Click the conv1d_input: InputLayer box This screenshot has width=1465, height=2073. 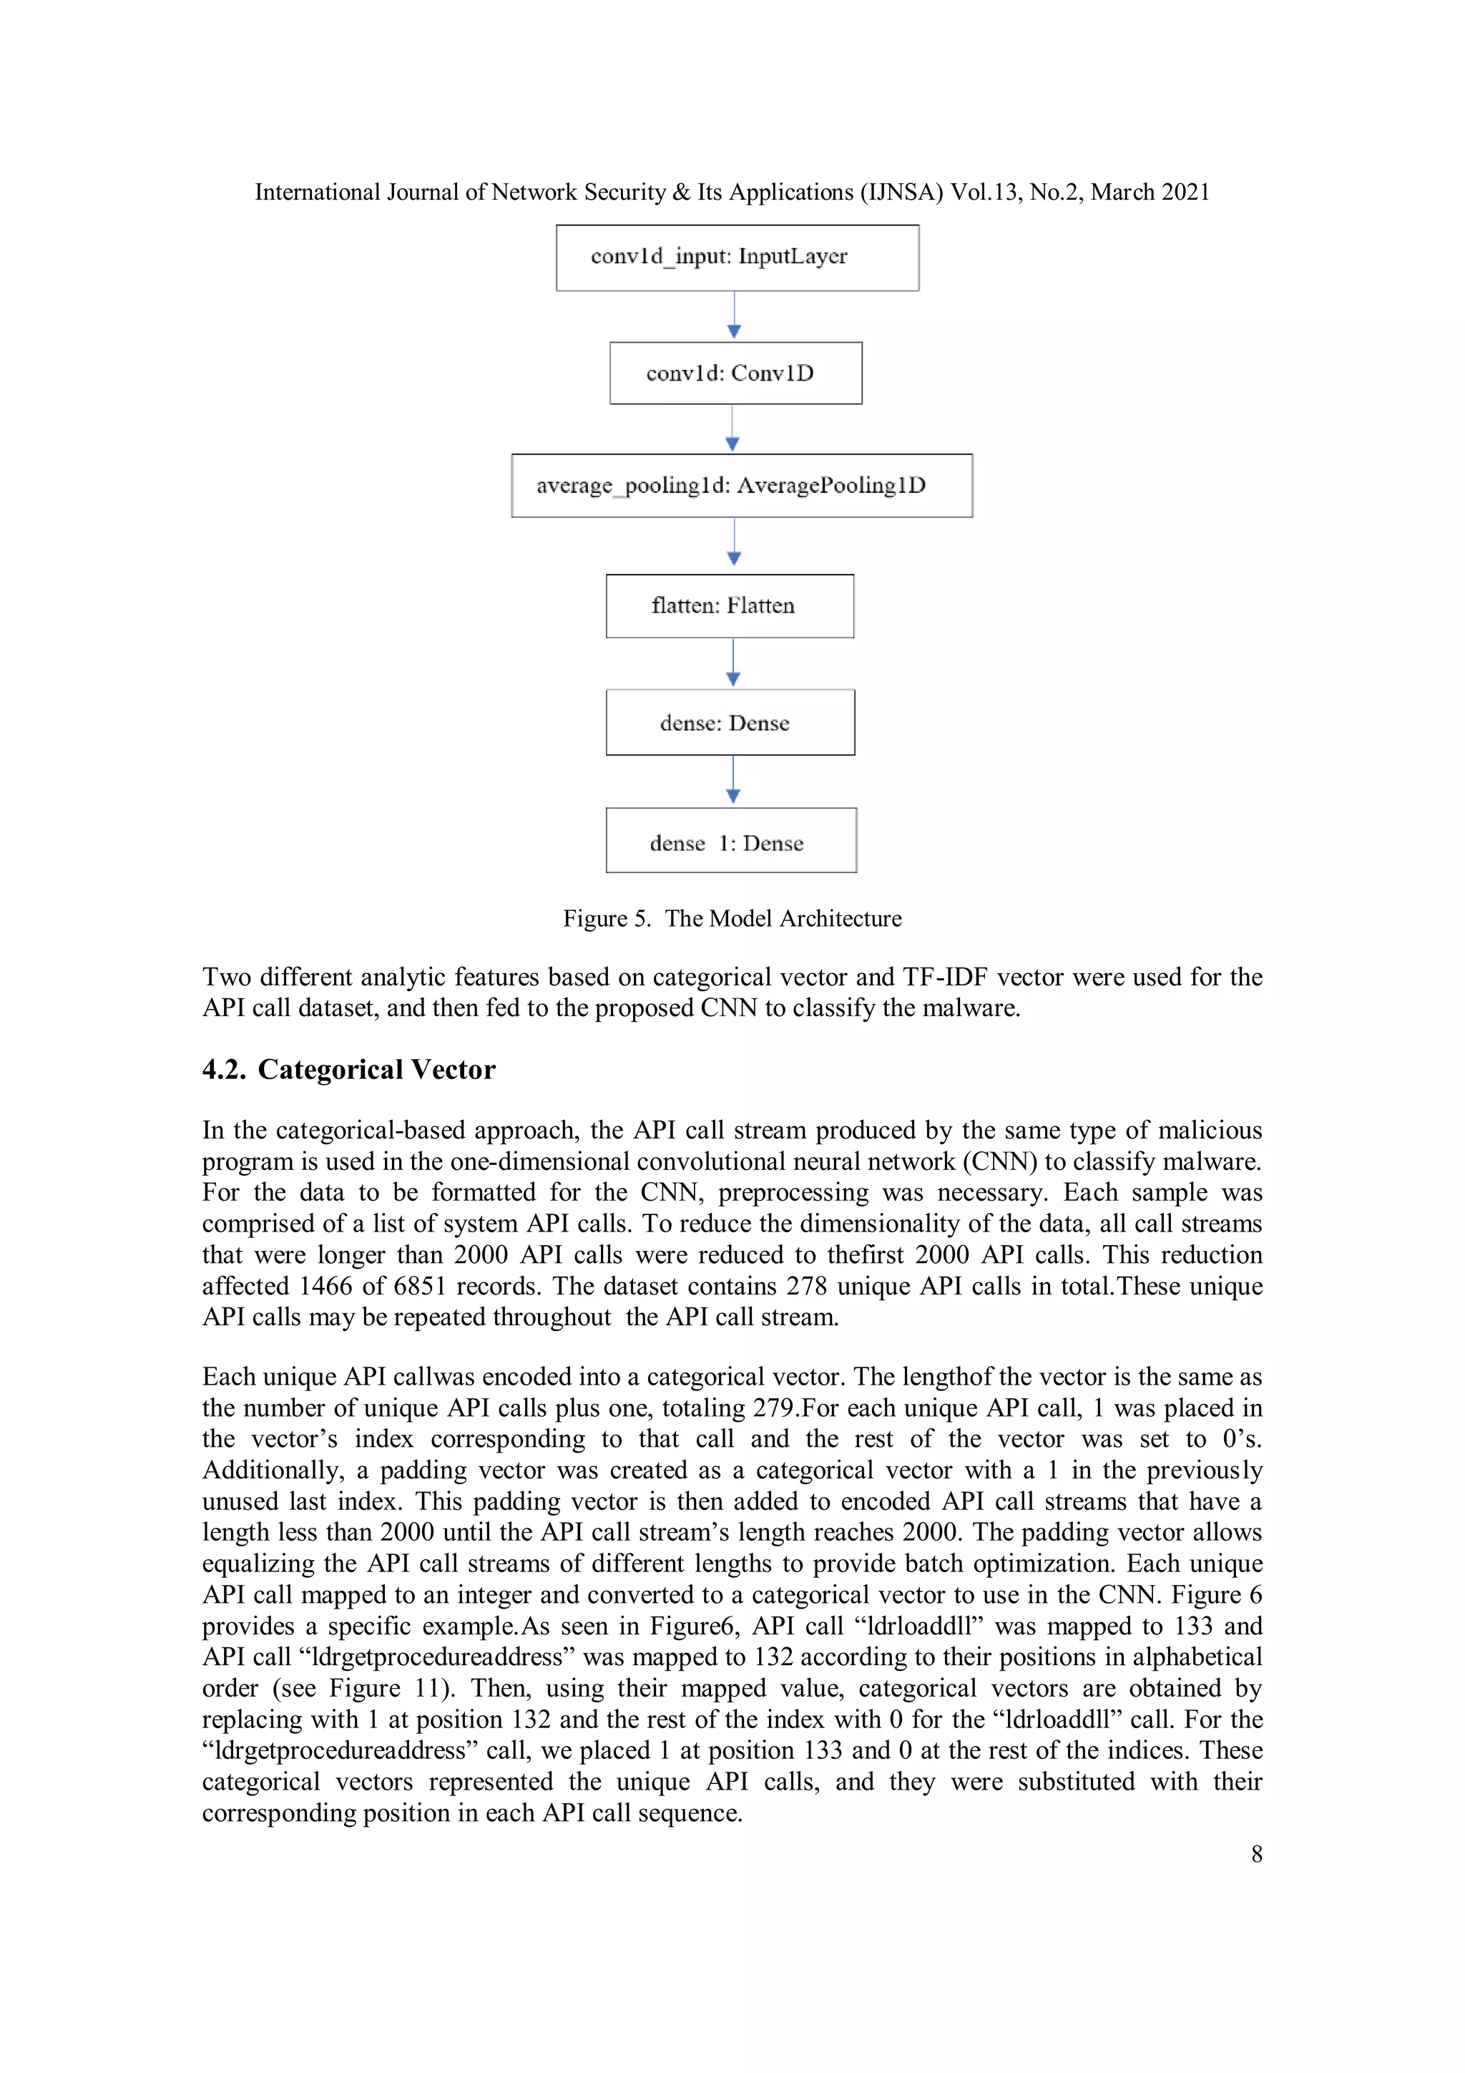coord(737,258)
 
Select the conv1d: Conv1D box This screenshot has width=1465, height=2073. coord(735,373)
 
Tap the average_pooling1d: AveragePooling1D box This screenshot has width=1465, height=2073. coord(741,486)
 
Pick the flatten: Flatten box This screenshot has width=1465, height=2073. coord(730,606)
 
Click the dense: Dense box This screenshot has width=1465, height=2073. coord(730,722)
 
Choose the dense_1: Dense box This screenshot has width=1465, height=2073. coord(730,841)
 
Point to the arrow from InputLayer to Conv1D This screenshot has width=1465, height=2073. coord(734,316)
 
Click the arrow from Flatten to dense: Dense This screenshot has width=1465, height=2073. coord(733,663)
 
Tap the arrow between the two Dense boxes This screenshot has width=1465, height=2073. coord(733,781)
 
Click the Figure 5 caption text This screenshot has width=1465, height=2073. coord(732,918)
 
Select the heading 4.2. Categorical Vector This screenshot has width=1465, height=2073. coord(348,1070)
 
